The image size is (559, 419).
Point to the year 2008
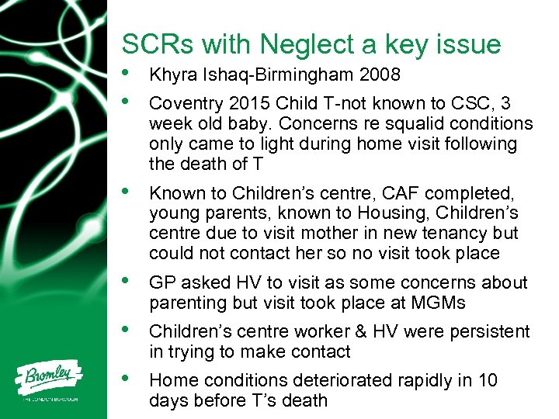[x=379, y=75]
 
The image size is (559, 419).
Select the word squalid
[x=384, y=124]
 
